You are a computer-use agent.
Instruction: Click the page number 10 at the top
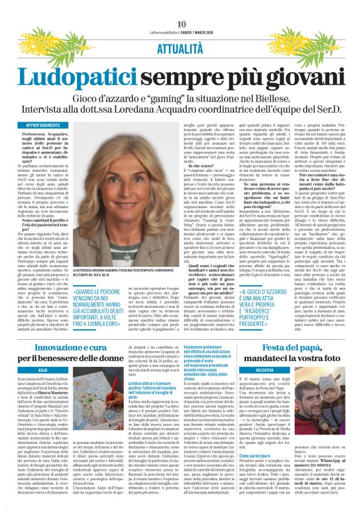[181, 24]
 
